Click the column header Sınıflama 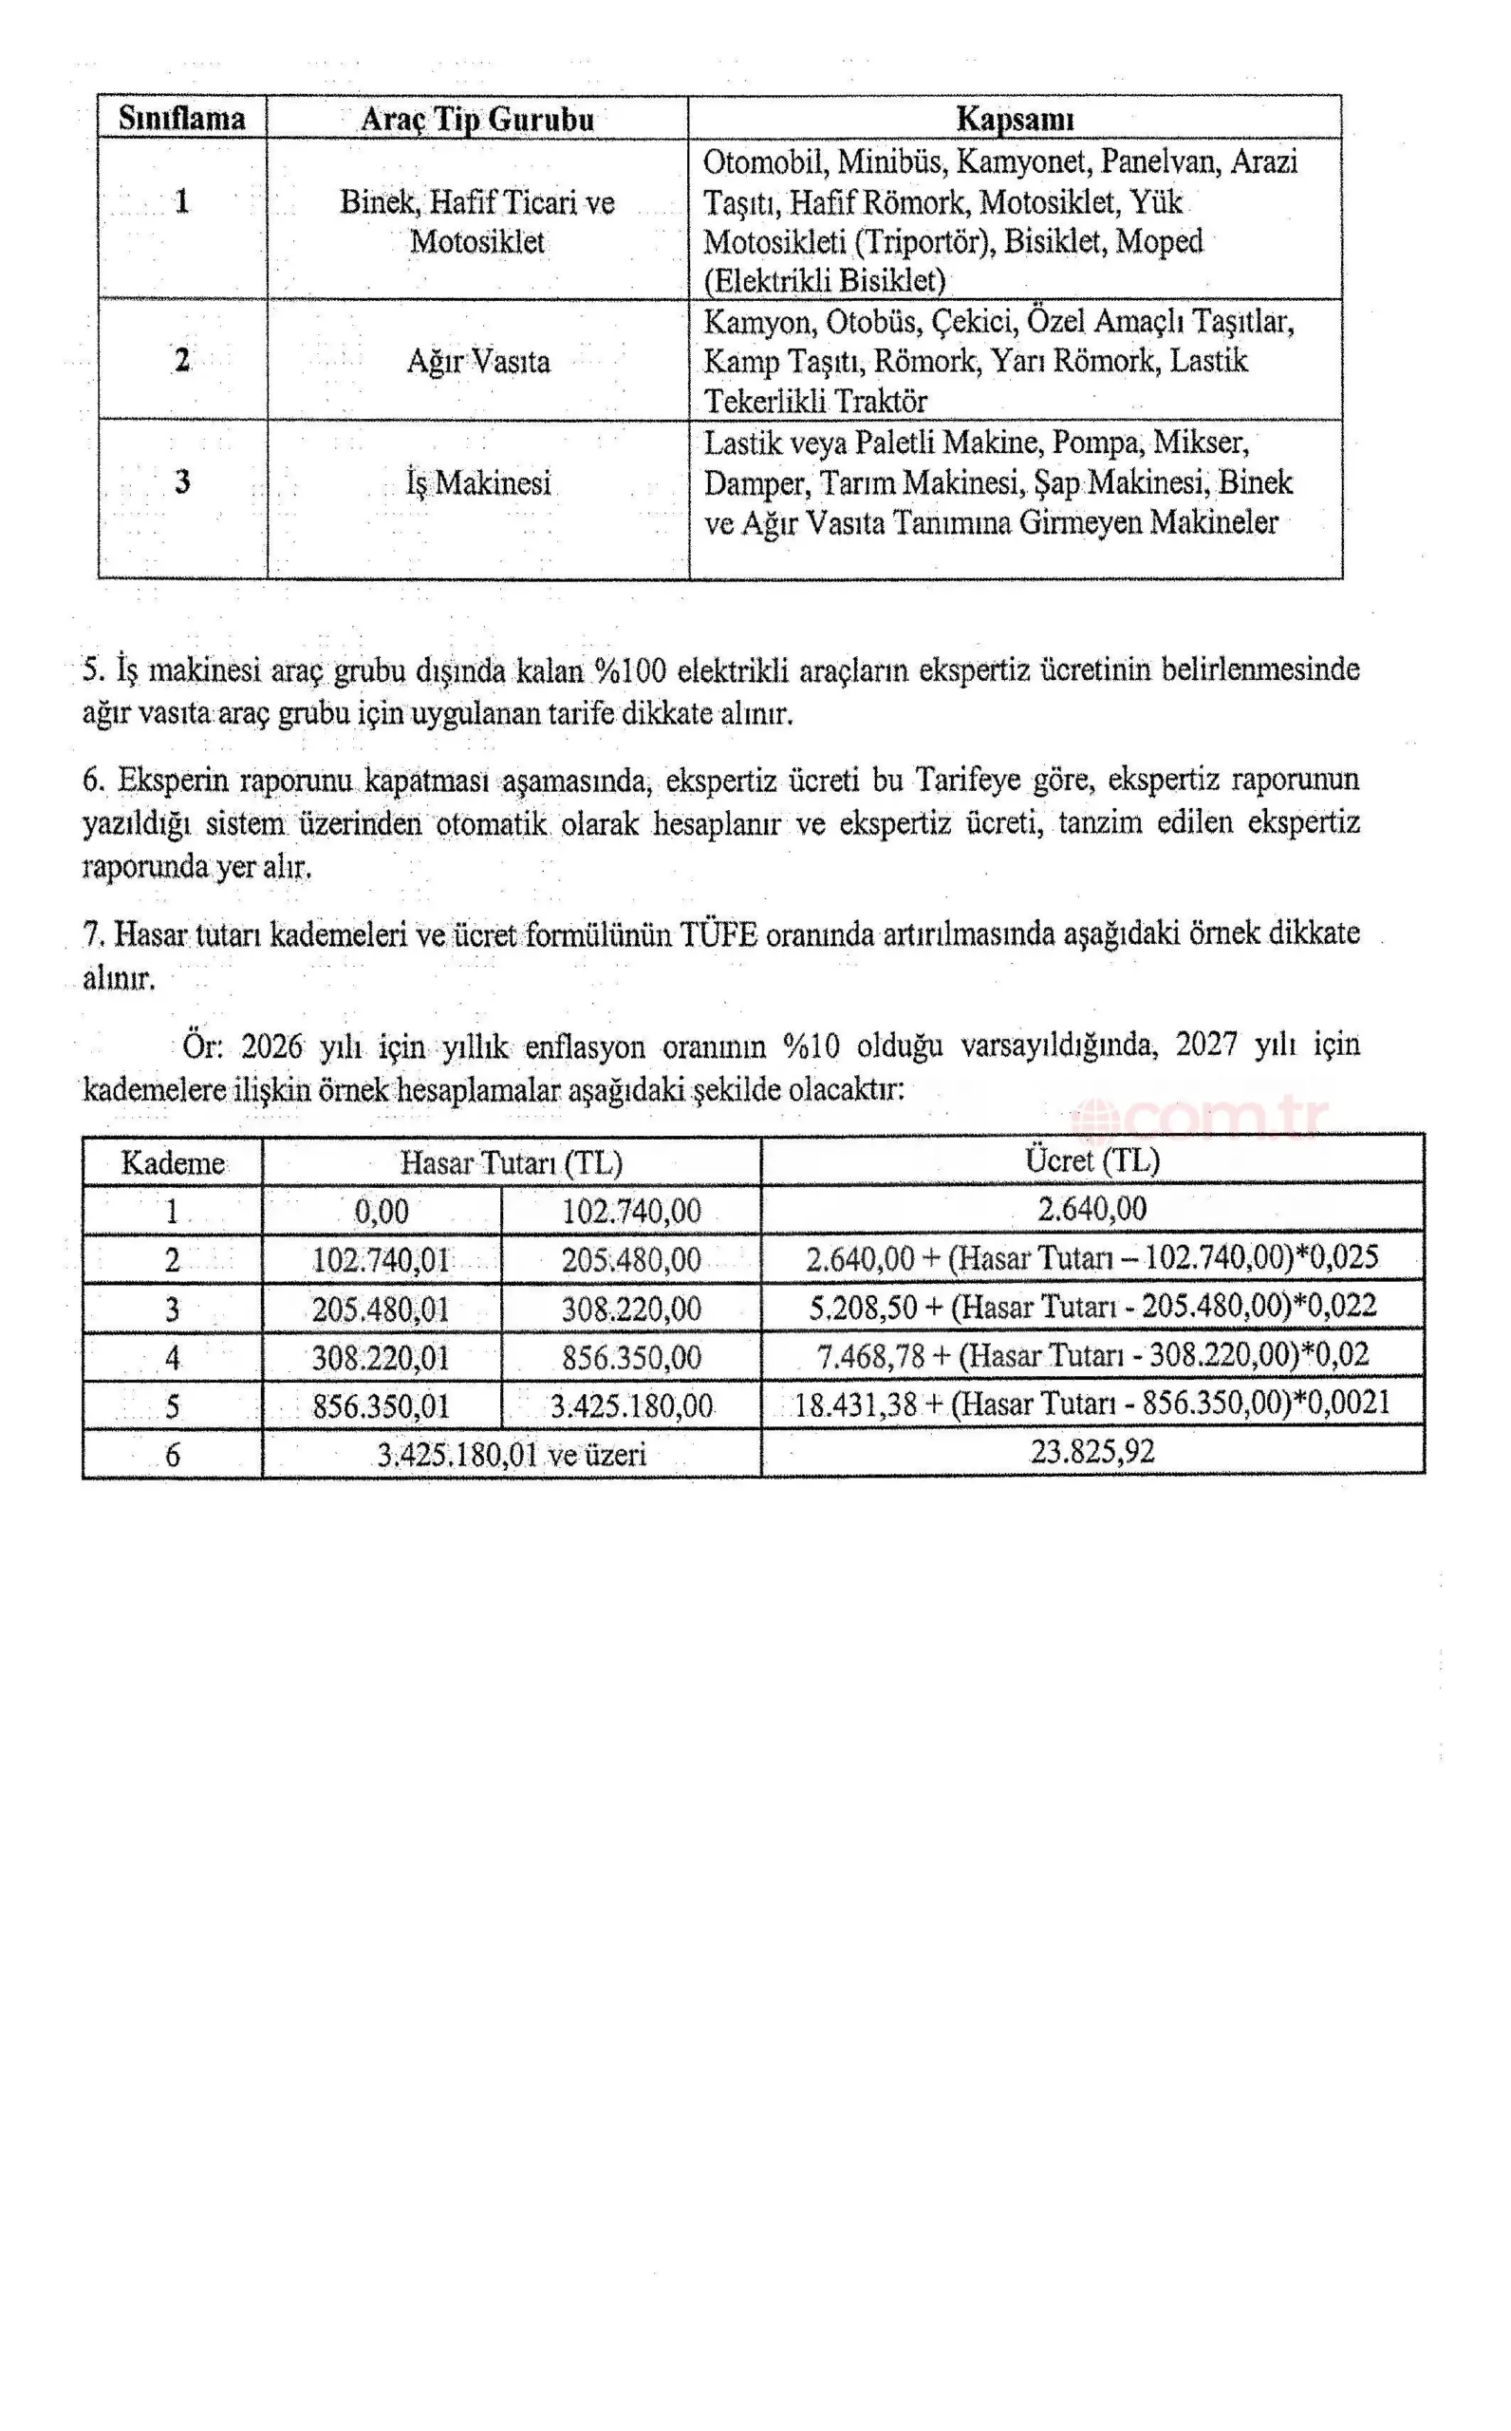(x=182, y=118)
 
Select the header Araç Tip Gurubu (x=476, y=119)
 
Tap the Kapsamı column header (x=1015, y=119)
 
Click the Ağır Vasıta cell (x=477, y=361)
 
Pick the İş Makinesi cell (x=477, y=483)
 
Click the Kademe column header (x=172, y=1162)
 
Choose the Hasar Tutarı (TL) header (x=511, y=1162)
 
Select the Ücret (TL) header (x=1091, y=1159)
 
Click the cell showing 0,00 (x=382, y=1212)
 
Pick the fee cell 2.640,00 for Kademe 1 (x=1091, y=1210)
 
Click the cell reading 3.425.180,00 (x=630, y=1406)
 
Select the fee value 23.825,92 (x=1092, y=1451)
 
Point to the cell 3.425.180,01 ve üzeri (x=511, y=1455)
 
